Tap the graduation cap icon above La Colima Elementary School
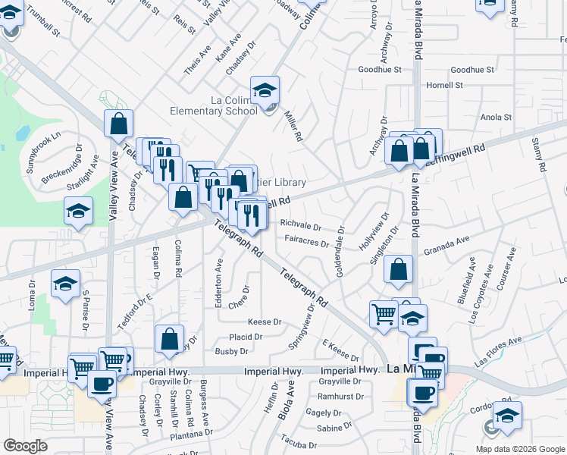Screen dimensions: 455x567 265,90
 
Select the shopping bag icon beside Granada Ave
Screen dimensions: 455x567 399,268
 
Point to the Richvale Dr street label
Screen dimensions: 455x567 302,226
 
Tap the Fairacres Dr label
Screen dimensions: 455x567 306,243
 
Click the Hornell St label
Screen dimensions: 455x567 444,85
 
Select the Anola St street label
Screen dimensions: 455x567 497,118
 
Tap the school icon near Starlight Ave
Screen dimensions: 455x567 78,212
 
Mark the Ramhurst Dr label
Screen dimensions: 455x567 341,397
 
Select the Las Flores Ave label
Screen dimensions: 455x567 499,353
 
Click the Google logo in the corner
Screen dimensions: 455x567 26,446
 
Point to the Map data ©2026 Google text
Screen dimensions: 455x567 519,449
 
